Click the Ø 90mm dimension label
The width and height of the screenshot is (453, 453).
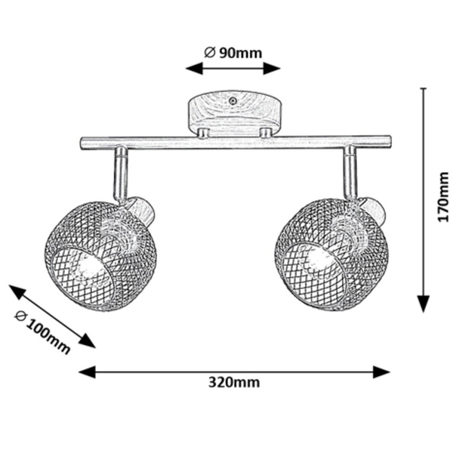[x=233, y=53]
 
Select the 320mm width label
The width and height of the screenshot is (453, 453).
[x=234, y=383]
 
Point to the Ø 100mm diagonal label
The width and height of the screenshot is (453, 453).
[x=42, y=332]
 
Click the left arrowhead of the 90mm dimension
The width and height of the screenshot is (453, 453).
[x=194, y=69]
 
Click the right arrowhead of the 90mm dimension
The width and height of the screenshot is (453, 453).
[x=272, y=69]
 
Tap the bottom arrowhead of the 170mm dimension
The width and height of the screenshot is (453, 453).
[x=424, y=304]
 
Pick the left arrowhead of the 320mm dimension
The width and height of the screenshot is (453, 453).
[x=87, y=371]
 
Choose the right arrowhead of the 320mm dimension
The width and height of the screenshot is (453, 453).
[x=381, y=371]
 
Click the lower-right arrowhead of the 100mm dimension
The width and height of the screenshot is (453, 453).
[x=88, y=341]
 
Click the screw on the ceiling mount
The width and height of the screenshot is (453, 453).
[x=232, y=101]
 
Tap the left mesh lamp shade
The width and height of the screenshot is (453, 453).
[x=100, y=256]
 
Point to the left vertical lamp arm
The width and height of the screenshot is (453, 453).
[x=121, y=174]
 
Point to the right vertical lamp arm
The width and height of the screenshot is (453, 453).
[x=350, y=172]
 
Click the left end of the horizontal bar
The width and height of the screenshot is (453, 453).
[x=82, y=143]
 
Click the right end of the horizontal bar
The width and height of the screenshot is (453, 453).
[x=390, y=141]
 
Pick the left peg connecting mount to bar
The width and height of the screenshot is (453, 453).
[x=203, y=133]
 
